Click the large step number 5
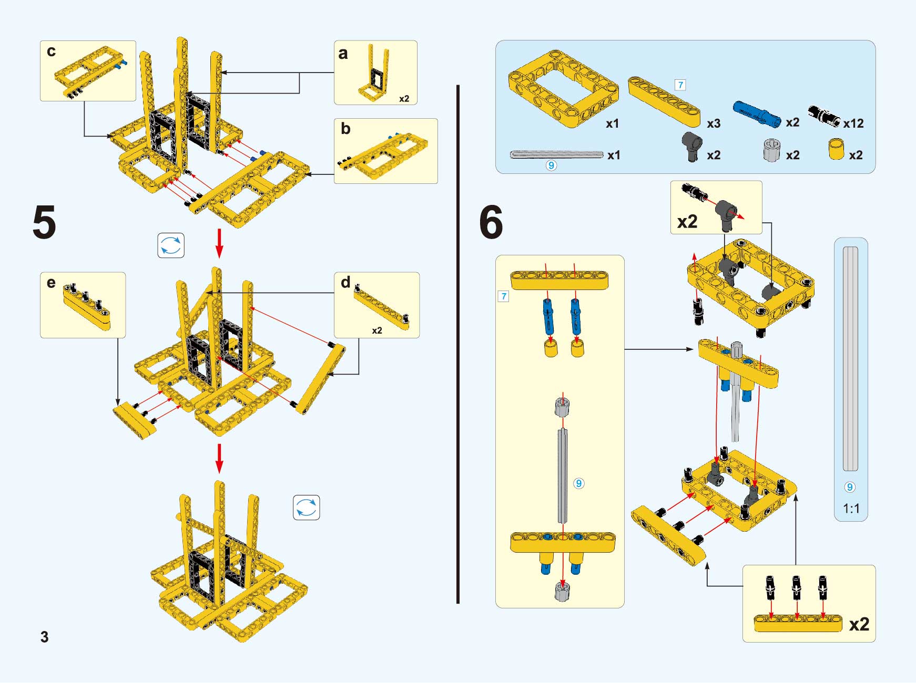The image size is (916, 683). click(44, 222)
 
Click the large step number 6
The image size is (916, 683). click(491, 222)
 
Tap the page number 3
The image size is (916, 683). click(45, 637)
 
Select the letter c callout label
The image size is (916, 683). click(51, 51)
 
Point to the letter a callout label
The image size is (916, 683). click(343, 53)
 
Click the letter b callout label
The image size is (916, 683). click(345, 128)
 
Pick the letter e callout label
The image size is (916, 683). click(51, 283)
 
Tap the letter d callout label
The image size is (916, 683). click(345, 283)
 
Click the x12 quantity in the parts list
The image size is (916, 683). click(853, 123)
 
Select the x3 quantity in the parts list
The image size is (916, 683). click(714, 123)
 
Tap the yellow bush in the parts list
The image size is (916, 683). click(836, 149)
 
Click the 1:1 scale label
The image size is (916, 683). click(851, 509)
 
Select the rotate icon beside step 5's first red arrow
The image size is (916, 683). click(171, 245)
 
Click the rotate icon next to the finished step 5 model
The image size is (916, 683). click(306, 508)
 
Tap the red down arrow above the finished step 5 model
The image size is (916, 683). click(219, 458)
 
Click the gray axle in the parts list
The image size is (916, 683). click(556, 154)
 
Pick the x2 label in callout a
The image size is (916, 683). click(404, 99)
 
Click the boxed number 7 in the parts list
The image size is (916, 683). click(680, 85)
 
